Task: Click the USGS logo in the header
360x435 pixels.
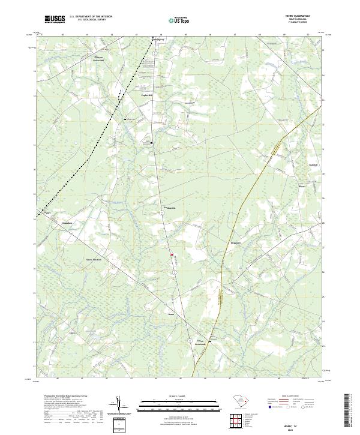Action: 55,19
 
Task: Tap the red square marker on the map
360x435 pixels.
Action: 172,254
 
